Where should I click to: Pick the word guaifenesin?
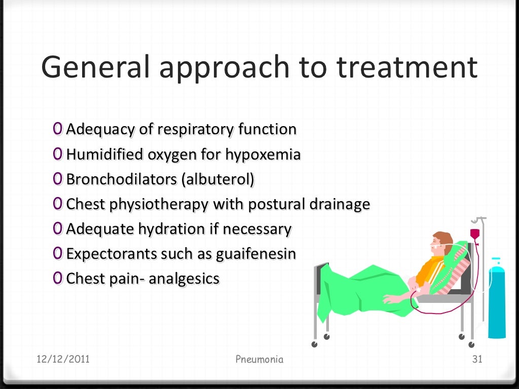click(256, 253)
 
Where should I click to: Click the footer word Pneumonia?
click(259, 360)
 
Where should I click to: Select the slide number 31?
click(476, 360)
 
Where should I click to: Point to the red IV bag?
click(475, 235)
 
